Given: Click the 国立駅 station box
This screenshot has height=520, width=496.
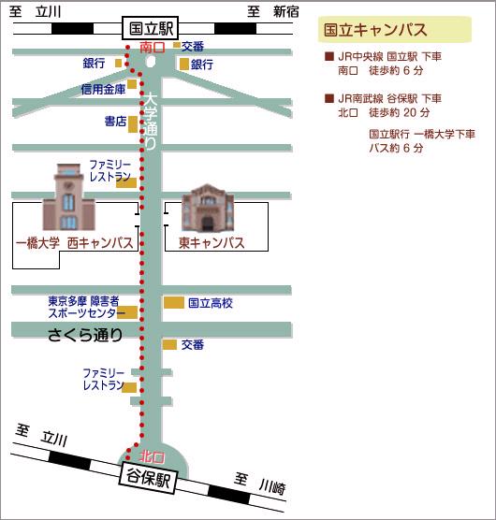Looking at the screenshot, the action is [151, 28].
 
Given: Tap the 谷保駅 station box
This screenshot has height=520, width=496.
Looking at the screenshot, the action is [148, 477].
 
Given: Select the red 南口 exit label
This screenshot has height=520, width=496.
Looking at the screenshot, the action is [153, 48].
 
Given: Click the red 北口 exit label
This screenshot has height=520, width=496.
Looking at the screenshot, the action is [152, 457].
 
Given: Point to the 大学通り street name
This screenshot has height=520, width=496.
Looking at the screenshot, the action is [151, 121].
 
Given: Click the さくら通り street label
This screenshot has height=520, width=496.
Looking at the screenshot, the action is [85, 335].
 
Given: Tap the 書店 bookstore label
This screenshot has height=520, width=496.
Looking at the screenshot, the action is [115, 122].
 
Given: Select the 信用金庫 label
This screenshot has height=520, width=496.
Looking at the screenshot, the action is [103, 89].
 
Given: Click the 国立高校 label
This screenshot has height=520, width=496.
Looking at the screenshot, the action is [211, 303].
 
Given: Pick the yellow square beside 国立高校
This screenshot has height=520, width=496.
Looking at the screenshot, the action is [174, 302].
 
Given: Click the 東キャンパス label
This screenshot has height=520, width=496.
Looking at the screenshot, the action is [212, 243].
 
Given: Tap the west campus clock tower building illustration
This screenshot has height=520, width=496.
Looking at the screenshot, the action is [68, 197].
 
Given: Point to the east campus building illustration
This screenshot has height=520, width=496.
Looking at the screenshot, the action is [208, 208].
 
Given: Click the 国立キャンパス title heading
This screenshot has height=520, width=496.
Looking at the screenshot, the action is [375, 30].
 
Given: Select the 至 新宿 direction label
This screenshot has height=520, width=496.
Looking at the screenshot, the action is [272, 12].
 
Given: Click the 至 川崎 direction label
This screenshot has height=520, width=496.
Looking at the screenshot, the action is [259, 484].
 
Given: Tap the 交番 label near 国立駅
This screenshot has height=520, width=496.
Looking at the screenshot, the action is [193, 47].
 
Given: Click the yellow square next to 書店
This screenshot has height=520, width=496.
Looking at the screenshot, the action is [133, 124].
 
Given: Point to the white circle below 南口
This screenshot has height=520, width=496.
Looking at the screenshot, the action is [151, 61].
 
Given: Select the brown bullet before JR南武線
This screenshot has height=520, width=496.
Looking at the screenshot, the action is [329, 98].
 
